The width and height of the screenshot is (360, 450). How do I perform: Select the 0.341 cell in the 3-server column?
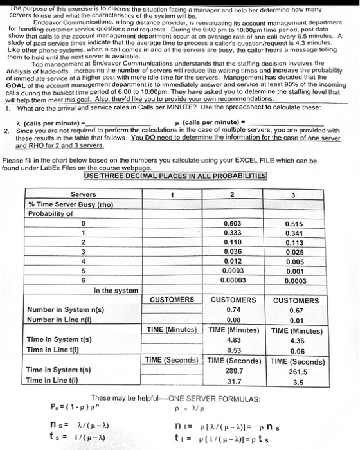[294, 233]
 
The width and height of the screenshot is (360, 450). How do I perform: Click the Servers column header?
[84, 194]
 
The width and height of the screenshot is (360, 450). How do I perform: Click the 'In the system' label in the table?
[116, 291]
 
